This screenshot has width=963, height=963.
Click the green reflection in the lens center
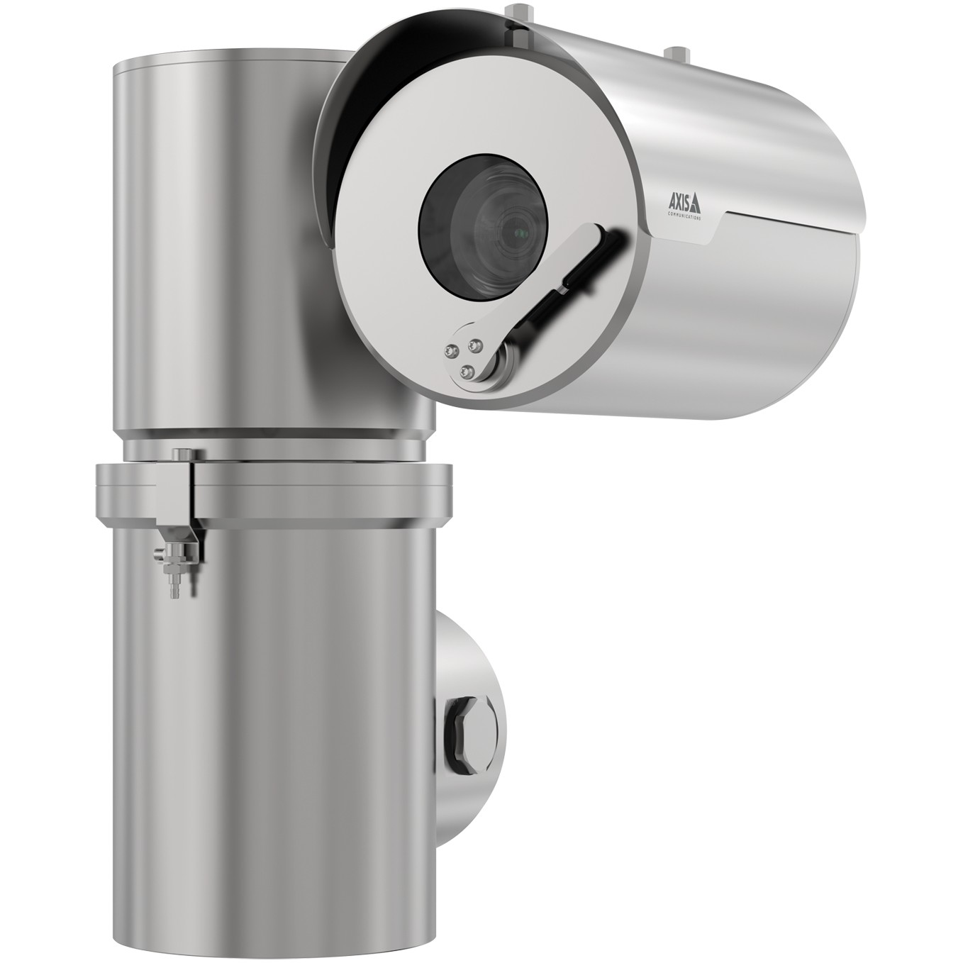coord(522,233)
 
